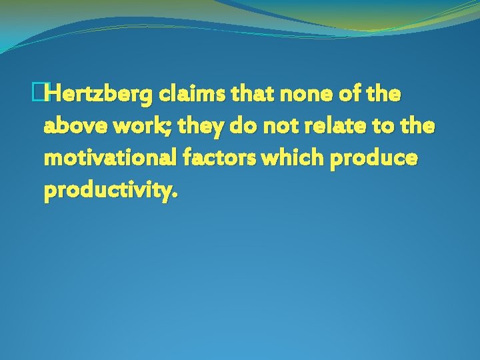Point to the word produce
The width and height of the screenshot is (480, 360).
pos(381,159)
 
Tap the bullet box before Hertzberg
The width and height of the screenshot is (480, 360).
pos(45,95)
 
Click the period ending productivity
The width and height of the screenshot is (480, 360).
pos(175,196)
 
